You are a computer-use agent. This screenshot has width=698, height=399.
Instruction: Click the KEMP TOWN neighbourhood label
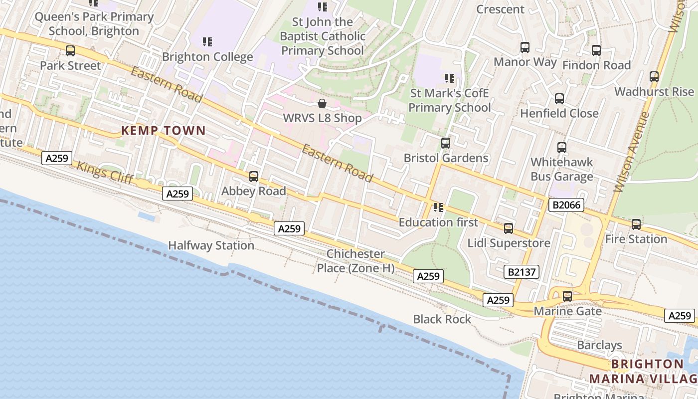click(x=164, y=131)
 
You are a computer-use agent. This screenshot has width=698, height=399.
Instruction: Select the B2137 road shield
click(x=522, y=272)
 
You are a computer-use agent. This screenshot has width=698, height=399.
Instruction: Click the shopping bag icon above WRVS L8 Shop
click(x=322, y=103)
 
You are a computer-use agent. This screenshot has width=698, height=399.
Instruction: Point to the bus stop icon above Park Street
click(x=70, y=50)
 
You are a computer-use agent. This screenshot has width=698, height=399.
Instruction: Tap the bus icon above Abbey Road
click(x=253, y=176)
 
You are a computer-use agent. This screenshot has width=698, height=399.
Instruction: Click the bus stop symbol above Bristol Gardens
click(x=446, y=143)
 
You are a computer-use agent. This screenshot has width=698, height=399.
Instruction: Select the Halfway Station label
click(x=211, y=245)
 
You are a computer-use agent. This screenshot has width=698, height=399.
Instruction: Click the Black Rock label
click(x=442, y=319)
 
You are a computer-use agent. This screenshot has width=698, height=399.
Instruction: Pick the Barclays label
click(x=599, y=345)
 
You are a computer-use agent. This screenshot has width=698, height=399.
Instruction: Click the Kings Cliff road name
click(x=105, y=173)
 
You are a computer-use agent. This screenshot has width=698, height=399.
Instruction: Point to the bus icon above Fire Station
click(x=636, y=224)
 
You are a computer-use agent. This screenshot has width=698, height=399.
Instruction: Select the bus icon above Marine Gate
click(x=567, y=296)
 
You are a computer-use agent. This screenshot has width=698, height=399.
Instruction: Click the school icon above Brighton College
click(x=207, y=42)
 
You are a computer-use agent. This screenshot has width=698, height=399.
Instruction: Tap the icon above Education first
click(x=438, y=207)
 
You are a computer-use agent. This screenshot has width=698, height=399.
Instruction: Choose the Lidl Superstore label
click(x=509, y=243)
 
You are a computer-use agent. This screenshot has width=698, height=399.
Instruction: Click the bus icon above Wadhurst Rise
click(x=654, y=77)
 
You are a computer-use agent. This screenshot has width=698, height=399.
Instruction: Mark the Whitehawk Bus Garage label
click(x=561, y=169)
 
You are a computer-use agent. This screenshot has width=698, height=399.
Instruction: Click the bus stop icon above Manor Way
click(x=525, y=47)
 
